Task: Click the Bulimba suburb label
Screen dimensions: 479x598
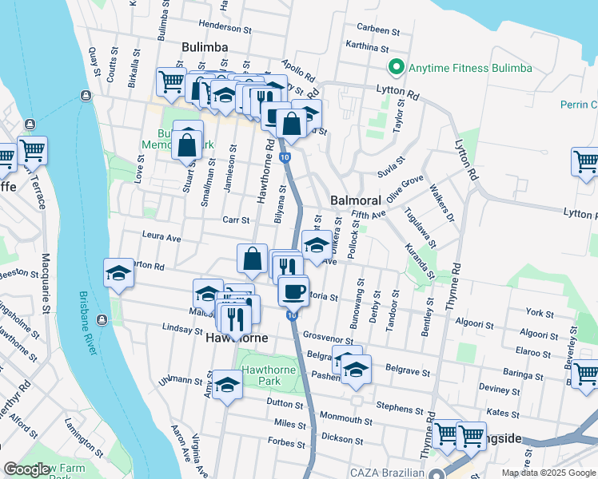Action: pos(204,47)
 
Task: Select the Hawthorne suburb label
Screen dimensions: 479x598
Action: pos(237,338)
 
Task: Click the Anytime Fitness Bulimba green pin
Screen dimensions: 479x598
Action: pos(393,68)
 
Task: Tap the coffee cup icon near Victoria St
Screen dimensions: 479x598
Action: pos(293,289)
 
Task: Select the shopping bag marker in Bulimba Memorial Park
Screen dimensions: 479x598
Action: pos(187,144)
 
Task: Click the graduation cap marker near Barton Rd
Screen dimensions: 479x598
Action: pos(118,273)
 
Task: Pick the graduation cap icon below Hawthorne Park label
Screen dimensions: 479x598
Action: pos(228,385)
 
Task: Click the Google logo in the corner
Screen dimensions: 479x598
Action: pos(26,469)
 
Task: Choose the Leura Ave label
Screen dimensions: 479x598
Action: pos(161,237)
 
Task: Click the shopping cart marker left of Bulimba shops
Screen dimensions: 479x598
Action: pos(171,81)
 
